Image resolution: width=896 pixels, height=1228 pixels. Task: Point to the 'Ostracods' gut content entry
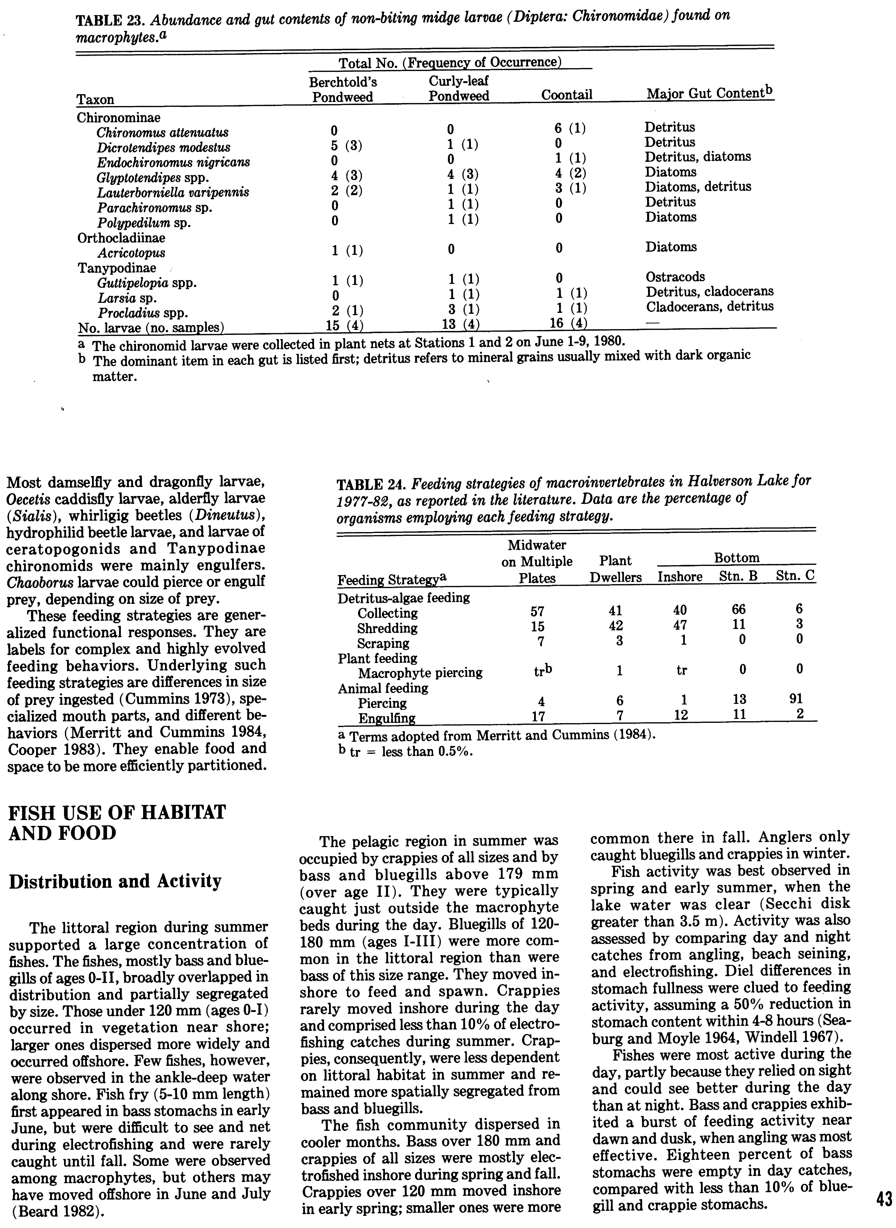pos(675,277)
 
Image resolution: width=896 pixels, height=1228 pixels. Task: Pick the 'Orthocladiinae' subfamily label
pos(121,238)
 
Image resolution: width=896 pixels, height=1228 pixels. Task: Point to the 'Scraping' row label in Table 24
pos(383,643)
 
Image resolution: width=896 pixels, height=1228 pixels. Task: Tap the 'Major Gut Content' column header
pos(709,94)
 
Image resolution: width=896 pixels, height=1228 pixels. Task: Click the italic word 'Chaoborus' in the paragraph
pos(34,582)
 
